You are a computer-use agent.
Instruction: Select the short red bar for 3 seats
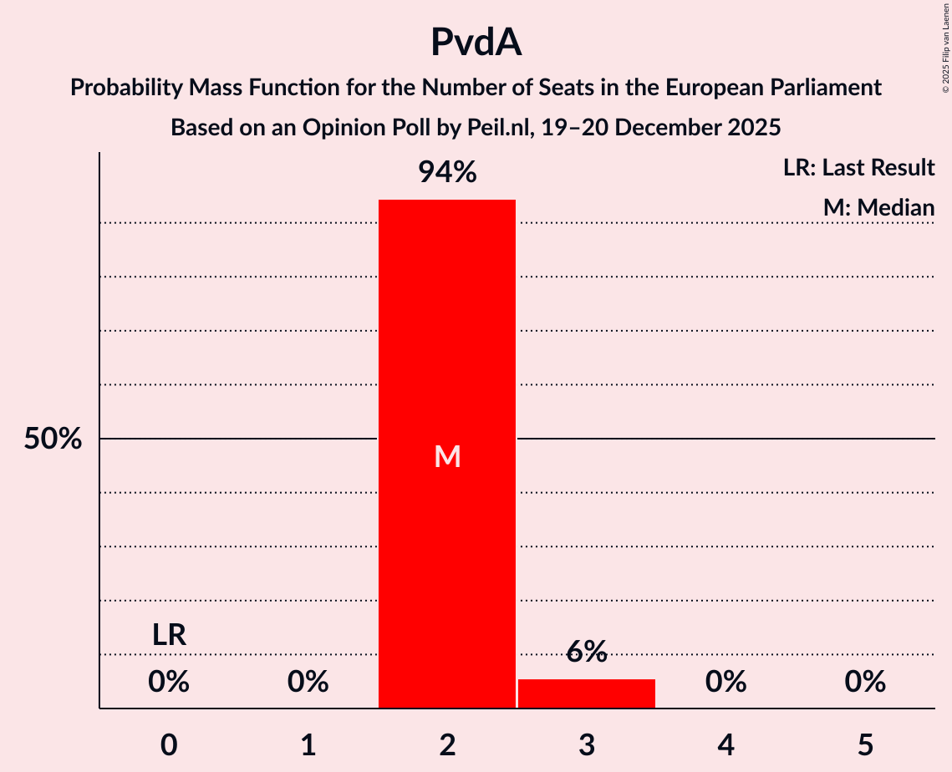pos(586,694)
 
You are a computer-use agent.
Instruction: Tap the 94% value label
pos(447,173)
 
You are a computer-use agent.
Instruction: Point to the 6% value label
pos(586,652)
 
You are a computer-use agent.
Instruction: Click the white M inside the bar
pos(447,456)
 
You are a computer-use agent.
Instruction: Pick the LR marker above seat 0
pos(169,635)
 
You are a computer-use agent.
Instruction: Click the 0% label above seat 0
pos(169,683)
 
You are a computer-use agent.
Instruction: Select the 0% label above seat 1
pos(308,683)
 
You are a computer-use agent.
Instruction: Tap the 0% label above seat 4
pos(725,683)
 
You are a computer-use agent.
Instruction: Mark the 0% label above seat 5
pos(864,683)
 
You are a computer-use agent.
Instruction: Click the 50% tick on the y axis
pos(53,439)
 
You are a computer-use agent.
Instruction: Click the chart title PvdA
pos(476,42)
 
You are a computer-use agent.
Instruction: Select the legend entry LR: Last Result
pos(858,168)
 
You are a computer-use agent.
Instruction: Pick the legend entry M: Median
pos(878,207)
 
